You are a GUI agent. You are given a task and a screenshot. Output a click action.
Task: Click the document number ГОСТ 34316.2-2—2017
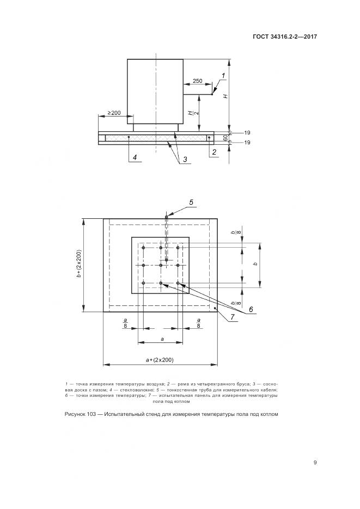pos(284,36)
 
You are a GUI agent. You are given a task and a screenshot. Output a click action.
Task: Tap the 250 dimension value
pos(197,81)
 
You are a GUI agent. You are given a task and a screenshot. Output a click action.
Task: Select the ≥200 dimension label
pos(114,113)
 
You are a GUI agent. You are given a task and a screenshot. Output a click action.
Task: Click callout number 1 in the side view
pos(223,76)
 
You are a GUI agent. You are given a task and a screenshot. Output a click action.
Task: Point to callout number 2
pos(214,151)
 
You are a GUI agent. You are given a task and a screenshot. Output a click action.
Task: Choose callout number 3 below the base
pos(185,160)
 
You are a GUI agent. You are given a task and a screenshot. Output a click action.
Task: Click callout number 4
pos(135,157)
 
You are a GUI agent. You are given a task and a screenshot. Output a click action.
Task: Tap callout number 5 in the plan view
pos(191,202)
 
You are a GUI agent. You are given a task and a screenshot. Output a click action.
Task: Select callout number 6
pos(251,309)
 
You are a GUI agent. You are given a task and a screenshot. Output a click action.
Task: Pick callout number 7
pos(233,317)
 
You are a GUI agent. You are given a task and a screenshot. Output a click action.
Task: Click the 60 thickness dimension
pos(225,138)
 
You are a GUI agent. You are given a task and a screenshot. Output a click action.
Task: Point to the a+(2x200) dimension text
pos(160,360)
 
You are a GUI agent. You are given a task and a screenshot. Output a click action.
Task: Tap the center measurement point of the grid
pos(161,265)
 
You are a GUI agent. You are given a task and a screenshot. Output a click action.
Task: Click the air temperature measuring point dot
pos(212,95)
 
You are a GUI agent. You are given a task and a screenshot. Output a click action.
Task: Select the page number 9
pos(315,462)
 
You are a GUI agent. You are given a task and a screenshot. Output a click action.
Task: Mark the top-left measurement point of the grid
pos(143,248)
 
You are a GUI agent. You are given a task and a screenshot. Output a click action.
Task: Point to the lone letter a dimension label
pos(162,339)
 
